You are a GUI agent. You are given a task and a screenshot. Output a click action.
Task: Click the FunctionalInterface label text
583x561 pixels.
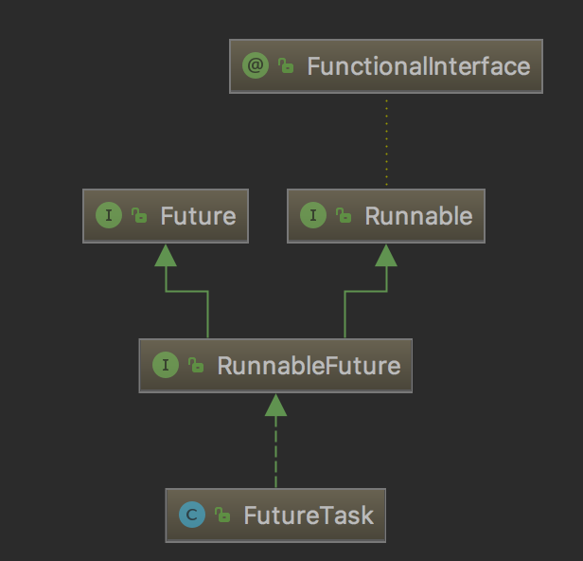pos(417,66)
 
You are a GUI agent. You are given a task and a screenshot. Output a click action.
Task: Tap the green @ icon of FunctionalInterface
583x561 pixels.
pos(256,65)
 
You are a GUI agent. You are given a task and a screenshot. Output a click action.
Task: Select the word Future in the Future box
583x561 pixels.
pos(198,216)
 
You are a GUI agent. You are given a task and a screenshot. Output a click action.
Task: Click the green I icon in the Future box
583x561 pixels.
pos(109,215)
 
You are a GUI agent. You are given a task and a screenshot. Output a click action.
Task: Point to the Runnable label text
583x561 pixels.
pos(417,216)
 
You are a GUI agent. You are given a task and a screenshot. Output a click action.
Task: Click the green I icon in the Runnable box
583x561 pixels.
pos(313,215)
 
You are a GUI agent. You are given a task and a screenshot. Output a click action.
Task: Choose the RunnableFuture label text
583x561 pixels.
pos(309,366)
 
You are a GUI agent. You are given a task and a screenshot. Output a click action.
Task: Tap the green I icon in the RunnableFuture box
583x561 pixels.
pos(166,365)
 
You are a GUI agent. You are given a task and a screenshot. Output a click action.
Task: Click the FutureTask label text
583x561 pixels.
pos(309,516)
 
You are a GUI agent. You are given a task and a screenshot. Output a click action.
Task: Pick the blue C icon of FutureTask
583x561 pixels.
pos(192,516)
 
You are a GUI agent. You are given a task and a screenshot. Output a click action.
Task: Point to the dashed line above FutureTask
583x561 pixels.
pos(275,455)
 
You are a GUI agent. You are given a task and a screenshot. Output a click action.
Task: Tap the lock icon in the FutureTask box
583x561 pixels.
pos(222,516)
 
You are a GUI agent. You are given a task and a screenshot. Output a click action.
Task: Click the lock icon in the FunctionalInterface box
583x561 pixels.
pos(285,66)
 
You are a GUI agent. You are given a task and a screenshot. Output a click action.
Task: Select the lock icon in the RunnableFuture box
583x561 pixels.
pos(196,366)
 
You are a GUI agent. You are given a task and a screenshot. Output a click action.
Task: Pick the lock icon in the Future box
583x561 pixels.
pos(138,216)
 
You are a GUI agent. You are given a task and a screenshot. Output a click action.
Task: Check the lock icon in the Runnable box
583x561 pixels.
pos(344,216)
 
